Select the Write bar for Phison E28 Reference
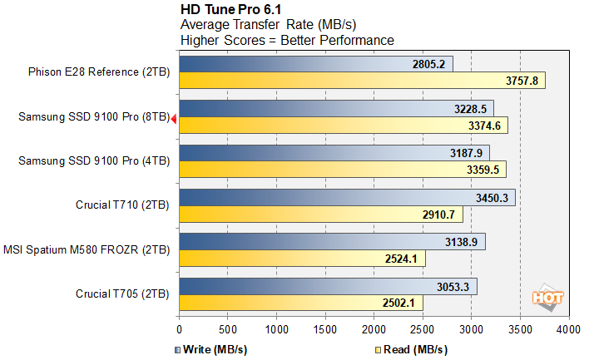click(x=316, y=64)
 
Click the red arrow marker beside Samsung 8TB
click(x=173, y=120)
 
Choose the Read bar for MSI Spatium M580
click(x=302, y=259)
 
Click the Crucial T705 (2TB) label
click(x=121, y=294)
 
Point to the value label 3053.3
click(x=453, y=287)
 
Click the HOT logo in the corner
click(x=548, y=297)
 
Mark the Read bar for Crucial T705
click(x=301, y=303)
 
